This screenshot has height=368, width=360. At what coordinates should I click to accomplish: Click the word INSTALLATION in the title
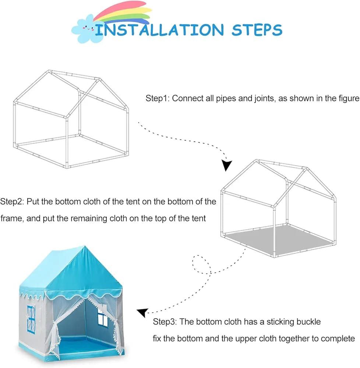click(159, 30)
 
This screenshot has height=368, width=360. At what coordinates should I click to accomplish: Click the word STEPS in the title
click(257, 30)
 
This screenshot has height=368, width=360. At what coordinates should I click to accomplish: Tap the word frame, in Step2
click(12, 219)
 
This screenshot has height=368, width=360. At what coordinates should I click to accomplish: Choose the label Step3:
click(165, 322)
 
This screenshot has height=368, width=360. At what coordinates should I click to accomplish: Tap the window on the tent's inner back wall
click(103, 317)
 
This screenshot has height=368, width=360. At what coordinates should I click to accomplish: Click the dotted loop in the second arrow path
click(201, 264)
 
